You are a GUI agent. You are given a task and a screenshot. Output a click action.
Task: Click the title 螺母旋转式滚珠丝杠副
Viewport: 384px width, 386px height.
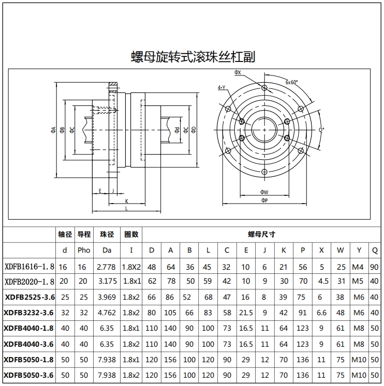click(193, 56)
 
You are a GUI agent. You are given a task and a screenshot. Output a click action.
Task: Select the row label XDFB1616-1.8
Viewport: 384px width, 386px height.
click(29, 267)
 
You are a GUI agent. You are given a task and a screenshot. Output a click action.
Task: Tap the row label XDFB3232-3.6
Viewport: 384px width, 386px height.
click(29, 313)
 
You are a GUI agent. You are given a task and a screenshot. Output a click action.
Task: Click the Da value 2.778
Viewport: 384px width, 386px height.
click(106, 267)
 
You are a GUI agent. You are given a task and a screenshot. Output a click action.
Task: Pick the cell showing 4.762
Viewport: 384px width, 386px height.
click(106, 313)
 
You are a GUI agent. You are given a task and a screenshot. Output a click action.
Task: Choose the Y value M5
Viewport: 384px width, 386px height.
click(359, 282)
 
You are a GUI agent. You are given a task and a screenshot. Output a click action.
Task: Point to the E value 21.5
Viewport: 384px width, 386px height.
click(246, 313)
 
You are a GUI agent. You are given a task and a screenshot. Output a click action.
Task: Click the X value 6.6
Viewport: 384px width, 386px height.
click(321, 313)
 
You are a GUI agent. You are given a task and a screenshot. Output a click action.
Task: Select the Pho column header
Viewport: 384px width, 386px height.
click(84, 250)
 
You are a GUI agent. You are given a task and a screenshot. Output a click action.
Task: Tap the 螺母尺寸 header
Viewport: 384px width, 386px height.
click(262, 234)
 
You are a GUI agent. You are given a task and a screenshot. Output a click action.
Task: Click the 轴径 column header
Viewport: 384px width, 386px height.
click(65, 234)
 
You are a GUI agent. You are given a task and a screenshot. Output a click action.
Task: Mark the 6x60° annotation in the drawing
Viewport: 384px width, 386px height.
click(291, 82)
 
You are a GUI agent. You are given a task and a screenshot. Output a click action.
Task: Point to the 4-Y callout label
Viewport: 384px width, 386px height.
click(221, 87)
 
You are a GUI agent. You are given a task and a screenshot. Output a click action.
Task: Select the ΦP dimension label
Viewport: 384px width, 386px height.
click(264, 199)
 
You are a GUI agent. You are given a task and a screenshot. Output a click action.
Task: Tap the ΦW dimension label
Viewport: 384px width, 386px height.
click(264, 192)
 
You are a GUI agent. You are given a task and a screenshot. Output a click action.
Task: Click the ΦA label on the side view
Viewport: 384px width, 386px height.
click(53, 129)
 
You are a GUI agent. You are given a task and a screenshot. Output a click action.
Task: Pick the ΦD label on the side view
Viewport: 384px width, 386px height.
click(193, 129)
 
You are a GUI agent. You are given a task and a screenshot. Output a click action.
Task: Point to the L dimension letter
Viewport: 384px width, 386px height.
click(127, 208)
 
